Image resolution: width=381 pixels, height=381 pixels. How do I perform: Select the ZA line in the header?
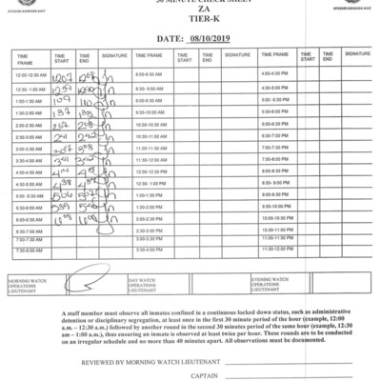coord(190,15)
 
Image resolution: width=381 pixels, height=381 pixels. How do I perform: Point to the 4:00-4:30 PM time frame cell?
coord(274,73)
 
